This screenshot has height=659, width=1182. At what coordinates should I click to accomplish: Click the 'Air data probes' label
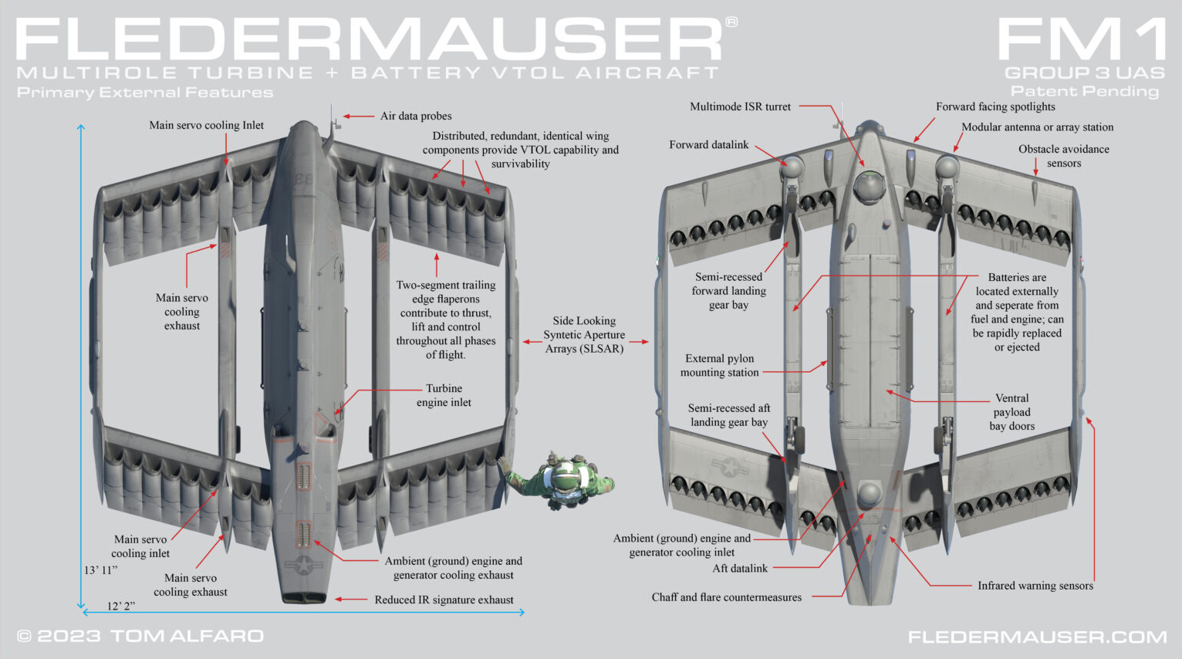click(416, 116)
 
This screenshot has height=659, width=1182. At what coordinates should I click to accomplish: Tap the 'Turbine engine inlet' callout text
click(444, 395)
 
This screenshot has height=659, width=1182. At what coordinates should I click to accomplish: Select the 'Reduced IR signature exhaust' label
click(444, 600)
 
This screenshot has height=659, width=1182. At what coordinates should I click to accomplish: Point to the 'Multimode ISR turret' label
click(741, 106)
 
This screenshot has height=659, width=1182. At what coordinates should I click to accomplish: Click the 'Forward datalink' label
click(709, 144)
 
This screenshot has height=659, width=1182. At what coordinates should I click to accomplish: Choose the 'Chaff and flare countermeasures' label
click(727, 597)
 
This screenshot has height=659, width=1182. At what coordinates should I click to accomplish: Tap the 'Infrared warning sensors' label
click(1035, 586)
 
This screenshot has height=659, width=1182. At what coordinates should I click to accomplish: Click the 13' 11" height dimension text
click(101, 570)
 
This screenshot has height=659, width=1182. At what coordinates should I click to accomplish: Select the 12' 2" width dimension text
click(121, 607)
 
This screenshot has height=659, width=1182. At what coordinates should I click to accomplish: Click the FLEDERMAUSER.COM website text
click(1038, 637)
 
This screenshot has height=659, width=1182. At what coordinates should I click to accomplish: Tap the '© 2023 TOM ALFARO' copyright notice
click(140, 636)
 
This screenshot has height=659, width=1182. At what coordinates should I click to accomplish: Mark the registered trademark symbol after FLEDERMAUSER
click(731, 22)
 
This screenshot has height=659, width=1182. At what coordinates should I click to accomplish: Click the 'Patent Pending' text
click(1084, 92)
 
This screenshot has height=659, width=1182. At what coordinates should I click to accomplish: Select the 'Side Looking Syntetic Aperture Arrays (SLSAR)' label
click(584, 335)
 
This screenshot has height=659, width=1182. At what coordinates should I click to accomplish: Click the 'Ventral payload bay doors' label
click(1011, 412)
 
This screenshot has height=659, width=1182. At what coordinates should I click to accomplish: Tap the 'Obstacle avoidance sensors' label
click(1064, 156)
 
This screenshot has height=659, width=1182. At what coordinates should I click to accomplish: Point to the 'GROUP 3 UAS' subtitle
click(1084, 73)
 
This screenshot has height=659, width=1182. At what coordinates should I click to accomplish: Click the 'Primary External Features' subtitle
click(145, 93)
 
